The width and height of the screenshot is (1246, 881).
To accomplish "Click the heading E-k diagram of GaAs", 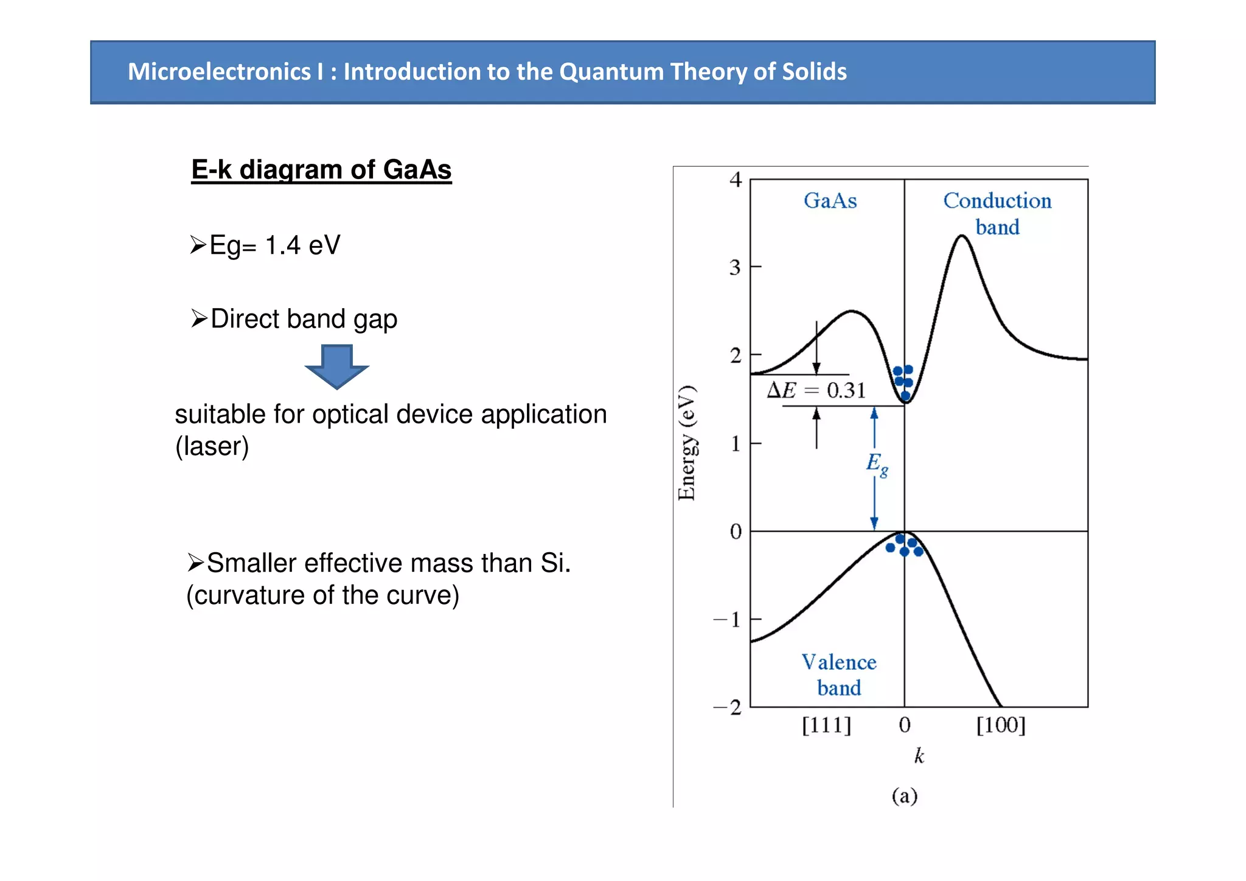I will tap(321, 169).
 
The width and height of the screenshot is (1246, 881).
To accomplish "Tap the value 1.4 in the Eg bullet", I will tap(282, 245).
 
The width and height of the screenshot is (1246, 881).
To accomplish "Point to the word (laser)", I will tap(212, 446).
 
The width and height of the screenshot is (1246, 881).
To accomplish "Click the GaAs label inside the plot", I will tap(830, 201).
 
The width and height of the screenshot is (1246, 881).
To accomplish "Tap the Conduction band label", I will tap(997, 213).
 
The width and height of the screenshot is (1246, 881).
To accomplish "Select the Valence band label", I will tap(838, 675).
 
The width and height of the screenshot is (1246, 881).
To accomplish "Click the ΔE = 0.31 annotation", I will tap(816, 390).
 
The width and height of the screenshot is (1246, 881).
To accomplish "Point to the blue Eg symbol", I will tap(876, 464).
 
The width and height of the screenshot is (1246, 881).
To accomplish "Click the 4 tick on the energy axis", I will tap(736, 180).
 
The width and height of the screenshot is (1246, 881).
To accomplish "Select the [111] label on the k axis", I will tap(826, 725).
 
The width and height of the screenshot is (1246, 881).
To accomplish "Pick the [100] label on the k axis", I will tap(1000, 725).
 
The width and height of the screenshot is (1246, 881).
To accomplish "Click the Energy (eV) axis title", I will tap(687, 443).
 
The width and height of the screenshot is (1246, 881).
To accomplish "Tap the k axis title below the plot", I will tap(919, 756).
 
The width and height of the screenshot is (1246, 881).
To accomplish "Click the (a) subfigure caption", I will tap(904, 796).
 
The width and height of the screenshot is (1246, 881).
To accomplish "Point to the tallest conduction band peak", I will tap(961, 237).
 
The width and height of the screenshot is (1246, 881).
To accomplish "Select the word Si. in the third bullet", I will tap(555, 563).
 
